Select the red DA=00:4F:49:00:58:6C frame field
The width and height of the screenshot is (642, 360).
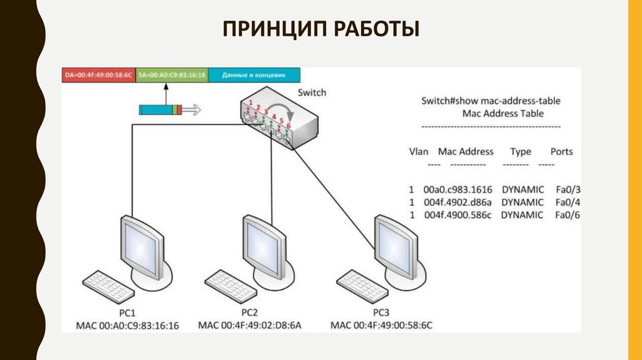[x=98, y=75]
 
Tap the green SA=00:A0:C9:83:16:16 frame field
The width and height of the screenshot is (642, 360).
[x=172, y=75]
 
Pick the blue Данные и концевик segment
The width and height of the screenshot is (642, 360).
[x=255, y=75]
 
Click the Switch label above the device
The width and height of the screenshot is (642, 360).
[x=312, y=92]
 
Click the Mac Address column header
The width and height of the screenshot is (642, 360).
[x=466, y=152]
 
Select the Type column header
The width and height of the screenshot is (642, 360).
[x=520, y=152]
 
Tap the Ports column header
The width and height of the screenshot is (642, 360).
[x=561, y=152]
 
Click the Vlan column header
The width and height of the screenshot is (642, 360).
[x=418, y=152]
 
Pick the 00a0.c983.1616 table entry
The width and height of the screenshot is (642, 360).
[x=458, y=189]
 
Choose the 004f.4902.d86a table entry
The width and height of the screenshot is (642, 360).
[x=458, y=202]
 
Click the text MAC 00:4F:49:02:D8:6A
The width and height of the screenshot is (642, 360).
[x=250, y=325]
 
